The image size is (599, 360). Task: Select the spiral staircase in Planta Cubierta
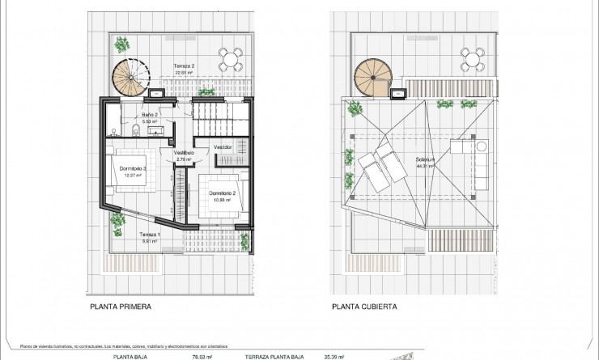tap(372, 77)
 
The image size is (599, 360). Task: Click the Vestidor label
tap(223, 146)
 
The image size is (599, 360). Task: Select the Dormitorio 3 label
tap(133, 168)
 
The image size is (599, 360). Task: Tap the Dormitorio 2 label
tap(221, 193)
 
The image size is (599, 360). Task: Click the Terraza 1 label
tap(148, 235)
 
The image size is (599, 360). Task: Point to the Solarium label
tap(426, 160)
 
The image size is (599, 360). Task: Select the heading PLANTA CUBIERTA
tap(363, 307)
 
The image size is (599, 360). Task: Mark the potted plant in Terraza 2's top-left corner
tap(121, 43)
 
